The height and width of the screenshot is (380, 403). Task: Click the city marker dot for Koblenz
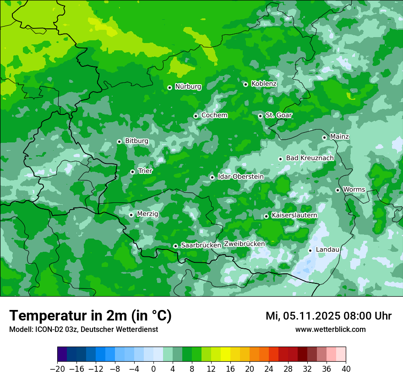click(x=246, y=84)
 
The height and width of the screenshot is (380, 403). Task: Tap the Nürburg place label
click(x=188, y=87)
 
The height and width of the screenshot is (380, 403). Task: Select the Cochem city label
click(x=214, y=115)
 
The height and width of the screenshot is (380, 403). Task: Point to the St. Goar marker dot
click(x=261, y=116)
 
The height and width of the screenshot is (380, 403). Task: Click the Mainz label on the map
click(x=339, y=137)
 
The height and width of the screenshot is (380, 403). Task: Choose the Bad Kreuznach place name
click(x=310, y=158)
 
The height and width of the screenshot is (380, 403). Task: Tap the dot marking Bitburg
click(x=120, y=141)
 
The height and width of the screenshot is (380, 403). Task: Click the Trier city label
click(x=145, y=171)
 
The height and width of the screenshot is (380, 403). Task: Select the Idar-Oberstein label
click(x=240, y=177)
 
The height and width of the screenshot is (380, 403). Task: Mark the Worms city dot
click(x=338, y=190)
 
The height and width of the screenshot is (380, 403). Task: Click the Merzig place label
click(x=147, y=214)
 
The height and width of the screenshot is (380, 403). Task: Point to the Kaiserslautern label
click(x=294, y=215)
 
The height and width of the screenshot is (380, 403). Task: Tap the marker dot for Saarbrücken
click(x=175, y=246)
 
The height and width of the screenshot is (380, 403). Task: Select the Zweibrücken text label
click(x=244, y=244)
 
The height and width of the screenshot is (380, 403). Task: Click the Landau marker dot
click(x=310, y=250)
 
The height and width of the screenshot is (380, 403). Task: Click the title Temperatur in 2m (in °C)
click(x=90, y=316)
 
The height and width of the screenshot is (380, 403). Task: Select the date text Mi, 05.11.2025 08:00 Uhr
click(x=328, y=316)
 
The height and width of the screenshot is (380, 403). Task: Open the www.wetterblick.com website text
click(x=330, y=330)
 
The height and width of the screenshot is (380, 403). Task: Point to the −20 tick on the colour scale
click(x=57, y=369)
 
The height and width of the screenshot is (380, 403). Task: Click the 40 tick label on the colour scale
click(x=346, y=369)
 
